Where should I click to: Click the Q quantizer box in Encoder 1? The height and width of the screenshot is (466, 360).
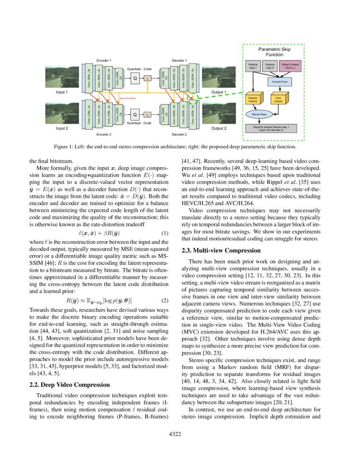135,78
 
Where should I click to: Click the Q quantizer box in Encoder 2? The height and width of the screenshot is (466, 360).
135,114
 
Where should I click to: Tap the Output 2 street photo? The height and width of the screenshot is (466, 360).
219,114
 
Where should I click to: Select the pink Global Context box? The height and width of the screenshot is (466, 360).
291,66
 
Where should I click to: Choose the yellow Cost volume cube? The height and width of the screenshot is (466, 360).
278,100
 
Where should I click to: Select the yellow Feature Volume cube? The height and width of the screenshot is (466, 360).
253,100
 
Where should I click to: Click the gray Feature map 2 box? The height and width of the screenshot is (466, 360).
270,66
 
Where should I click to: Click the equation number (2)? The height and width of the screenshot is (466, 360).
165,300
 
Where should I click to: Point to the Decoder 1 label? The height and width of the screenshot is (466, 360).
179,61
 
